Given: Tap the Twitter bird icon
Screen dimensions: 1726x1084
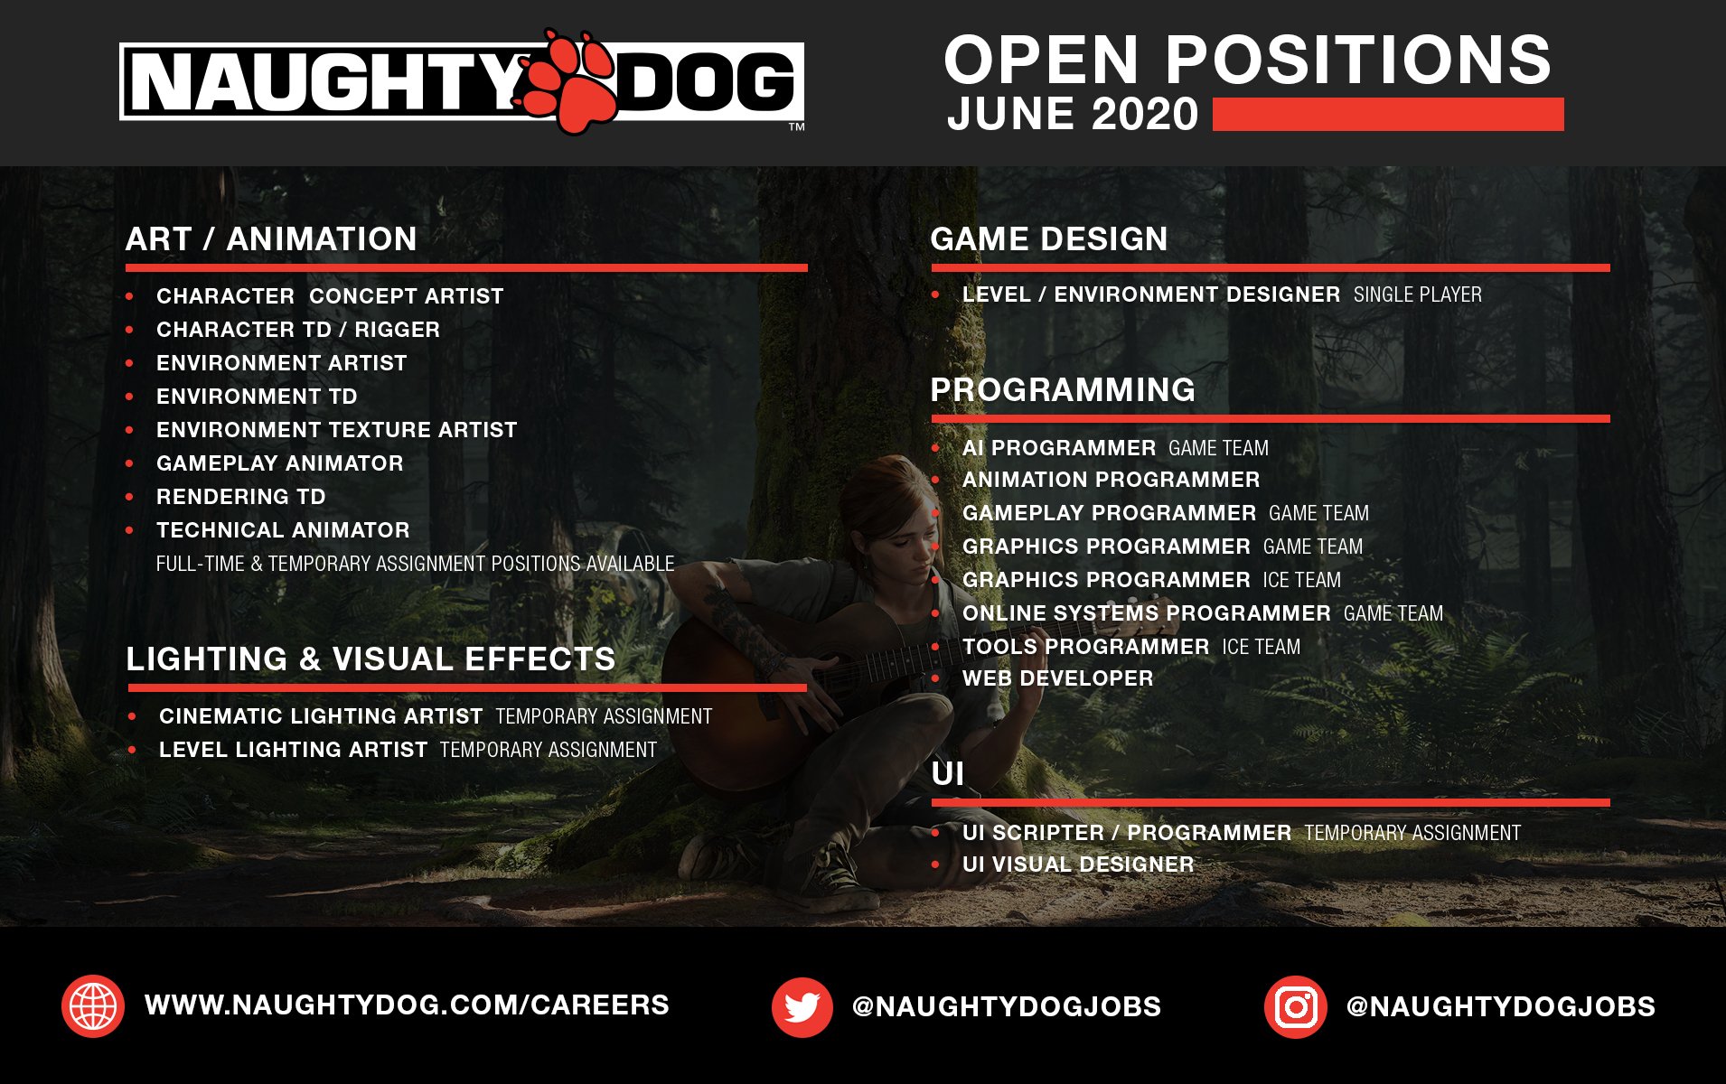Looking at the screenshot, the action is (802, 1006).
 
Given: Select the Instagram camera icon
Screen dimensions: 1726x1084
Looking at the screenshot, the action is (1295, 1006).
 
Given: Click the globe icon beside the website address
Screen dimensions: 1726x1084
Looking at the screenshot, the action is (93, 1005).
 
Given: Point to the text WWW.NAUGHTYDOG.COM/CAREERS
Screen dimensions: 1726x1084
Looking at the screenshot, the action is (407, 1005).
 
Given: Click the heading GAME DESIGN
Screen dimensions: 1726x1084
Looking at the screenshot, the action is (1049, 238).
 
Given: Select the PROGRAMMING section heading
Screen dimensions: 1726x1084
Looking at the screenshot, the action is (1063, 389).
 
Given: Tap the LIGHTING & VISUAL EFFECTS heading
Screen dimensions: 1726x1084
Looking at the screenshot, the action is (371, 659).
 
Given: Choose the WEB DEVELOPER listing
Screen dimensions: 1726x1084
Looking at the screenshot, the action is (1057, 678).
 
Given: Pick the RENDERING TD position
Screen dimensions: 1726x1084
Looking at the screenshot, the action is (240, 497).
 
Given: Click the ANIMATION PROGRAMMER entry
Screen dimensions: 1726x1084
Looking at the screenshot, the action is (1111, 480).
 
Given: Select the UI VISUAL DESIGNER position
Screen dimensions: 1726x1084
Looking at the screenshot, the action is (1078, 864).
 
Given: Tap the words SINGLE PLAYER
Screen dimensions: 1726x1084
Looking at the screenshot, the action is (1417, 294).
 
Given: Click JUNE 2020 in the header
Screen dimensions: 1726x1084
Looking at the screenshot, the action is (1073, 114).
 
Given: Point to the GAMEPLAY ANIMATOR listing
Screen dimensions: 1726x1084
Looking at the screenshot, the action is (279, 463).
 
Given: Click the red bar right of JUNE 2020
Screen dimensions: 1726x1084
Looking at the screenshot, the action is (1388, 115).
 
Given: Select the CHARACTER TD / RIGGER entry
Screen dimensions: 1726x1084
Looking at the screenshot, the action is (298, 330).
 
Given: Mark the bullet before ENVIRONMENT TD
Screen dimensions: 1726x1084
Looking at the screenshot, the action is (130, 397).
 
